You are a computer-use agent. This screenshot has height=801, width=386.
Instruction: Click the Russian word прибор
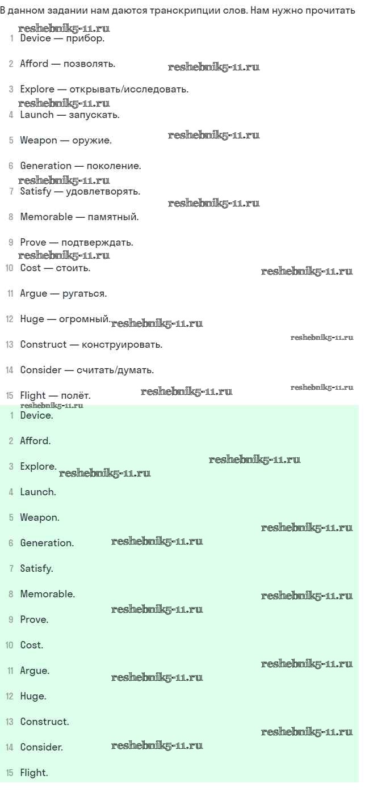(x=85, y=39)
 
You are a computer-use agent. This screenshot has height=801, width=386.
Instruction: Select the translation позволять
(x=90, y=64)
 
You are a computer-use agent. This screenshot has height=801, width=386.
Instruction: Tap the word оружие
(x=92, y=141)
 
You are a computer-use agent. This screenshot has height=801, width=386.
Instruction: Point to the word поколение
(x=114, y=166)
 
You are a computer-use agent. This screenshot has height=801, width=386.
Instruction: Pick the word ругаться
(x=85, y=294)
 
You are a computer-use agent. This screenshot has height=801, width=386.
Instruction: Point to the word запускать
(x=94, y=115)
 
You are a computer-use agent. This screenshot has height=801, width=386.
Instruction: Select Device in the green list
(x=36, y=416)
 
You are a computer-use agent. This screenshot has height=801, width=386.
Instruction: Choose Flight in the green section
(x=33, y=773)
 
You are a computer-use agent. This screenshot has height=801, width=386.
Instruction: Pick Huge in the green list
(x=32, y=697)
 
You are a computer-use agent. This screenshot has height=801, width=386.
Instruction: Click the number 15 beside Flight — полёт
(x=10, y=396)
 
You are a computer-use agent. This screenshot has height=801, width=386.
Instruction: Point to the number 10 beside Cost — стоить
(x=10, y=268)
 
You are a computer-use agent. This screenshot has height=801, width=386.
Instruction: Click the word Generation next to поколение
(x=45, y=166)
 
